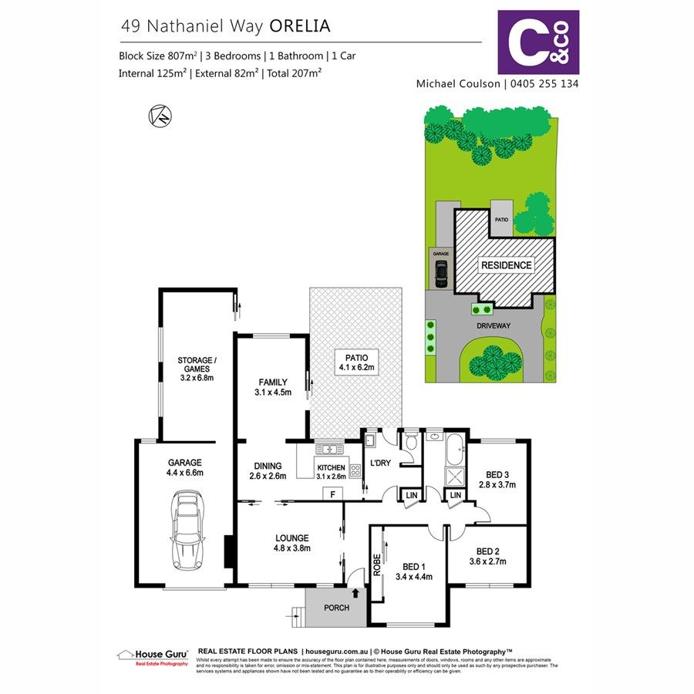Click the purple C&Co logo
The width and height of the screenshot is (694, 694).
coord(538,42)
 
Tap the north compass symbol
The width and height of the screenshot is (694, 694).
coord(160,116)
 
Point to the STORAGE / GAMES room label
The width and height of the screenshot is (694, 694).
coord(197,369)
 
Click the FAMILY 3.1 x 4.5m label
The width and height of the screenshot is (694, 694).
coord(273,386)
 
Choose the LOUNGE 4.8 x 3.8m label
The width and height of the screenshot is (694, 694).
coord(290,543)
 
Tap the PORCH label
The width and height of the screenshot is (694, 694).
coord(335,608)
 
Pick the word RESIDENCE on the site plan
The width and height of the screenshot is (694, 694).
coord(506,265)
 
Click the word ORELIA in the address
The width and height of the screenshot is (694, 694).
coord(300,26)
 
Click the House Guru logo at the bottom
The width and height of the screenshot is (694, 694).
coord(153,656)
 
